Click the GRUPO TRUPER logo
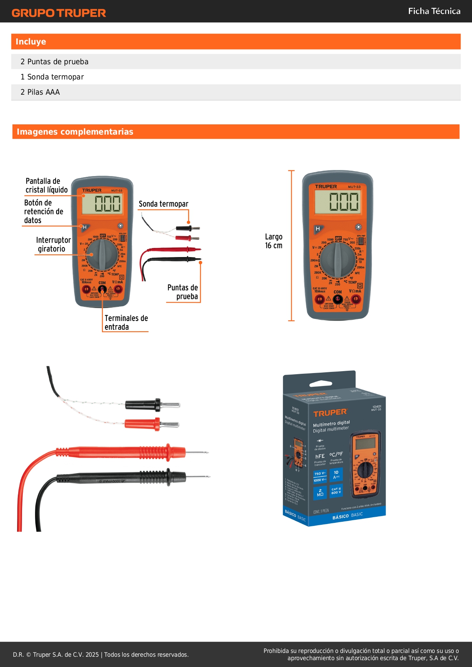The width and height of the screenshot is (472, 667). (x=59, y=13)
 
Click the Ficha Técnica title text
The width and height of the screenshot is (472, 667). (x=434, y=11)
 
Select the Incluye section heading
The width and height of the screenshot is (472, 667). (x=31, y=42)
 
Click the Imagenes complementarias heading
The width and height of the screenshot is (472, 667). (x=75, y=132)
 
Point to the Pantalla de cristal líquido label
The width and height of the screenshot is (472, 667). (x=46, y=185)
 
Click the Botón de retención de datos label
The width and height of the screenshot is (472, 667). (x=43, y=211)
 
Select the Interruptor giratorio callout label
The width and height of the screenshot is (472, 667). (x=53, y=245)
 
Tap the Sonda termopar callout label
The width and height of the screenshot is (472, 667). (x=163, y=204)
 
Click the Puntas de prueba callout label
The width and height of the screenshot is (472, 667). (x=183, y=292)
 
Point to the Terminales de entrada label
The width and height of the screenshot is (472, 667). (x=126, y=322)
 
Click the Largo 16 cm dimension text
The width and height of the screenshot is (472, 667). (x=273, y=241)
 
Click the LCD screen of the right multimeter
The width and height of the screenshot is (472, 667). (x=337, y=202)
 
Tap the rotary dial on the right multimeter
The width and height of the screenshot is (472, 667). (x=337, y=260)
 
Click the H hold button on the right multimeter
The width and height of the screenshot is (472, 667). (x=318, y=229)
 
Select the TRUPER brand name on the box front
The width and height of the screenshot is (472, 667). (x=330, y=413)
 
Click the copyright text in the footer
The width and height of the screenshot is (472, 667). (x=101, y=654)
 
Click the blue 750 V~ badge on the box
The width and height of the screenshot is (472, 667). (x=320, y=473)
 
